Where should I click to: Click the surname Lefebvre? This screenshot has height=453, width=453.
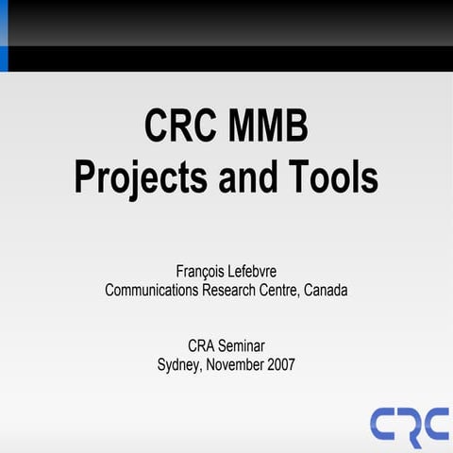click(x=253, y=272)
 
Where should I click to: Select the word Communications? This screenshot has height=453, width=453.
click(x=151, y=291)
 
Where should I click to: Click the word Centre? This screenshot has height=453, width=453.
click(x=279, y=291)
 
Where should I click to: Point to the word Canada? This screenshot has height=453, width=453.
click(x=327, y=291)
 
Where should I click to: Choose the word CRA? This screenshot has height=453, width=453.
click(x=202, y=344)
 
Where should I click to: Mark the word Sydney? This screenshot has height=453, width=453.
click(x=179, y=363)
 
